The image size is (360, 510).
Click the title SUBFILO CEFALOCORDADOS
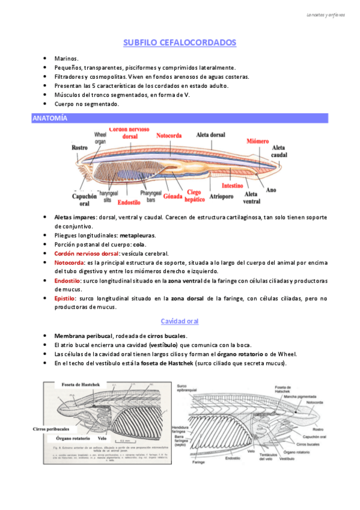180,43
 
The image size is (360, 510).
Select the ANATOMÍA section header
50,118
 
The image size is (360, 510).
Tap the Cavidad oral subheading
180,321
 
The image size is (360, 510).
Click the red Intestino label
232,185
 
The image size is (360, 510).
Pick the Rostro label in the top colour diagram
79,147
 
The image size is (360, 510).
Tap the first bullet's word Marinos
66,59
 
